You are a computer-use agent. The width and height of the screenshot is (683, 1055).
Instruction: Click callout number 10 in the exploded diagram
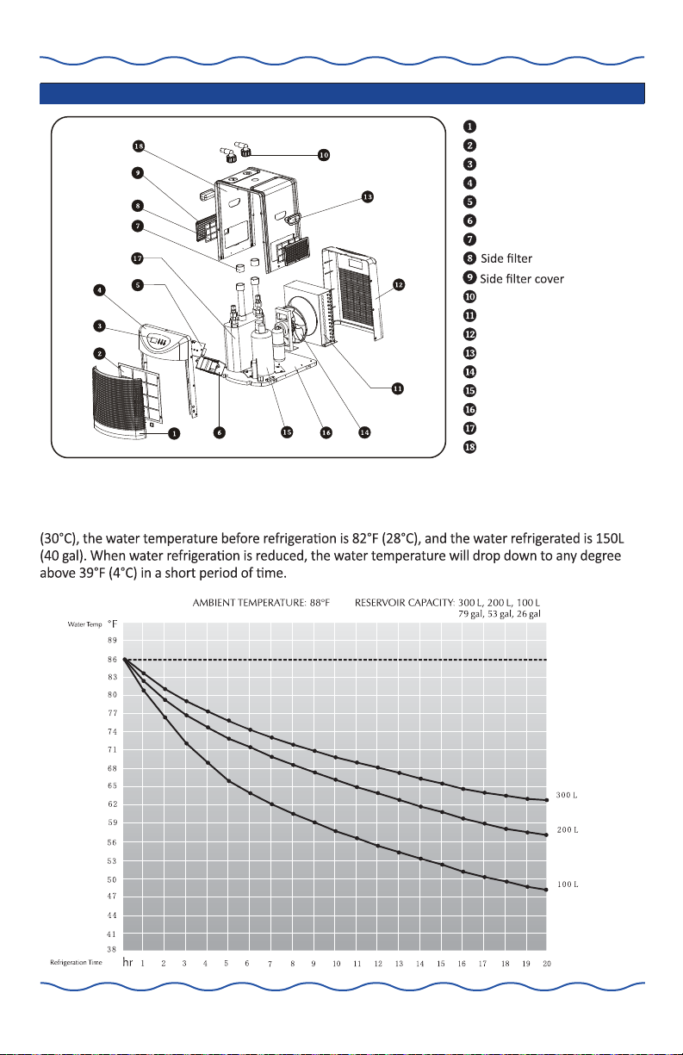coord(324,155)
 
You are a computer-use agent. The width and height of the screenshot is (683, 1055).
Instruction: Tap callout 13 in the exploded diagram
coord(368,197)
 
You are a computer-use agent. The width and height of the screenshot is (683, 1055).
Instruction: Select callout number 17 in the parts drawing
coord(137,258)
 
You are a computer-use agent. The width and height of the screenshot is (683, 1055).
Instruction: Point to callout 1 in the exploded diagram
coord(174,433)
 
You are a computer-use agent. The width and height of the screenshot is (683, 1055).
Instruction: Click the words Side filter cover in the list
coord(522,279)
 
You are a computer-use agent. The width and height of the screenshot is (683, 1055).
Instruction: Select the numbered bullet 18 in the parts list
coord(469,447)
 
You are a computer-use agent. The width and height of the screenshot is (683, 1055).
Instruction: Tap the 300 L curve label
coord(567,795)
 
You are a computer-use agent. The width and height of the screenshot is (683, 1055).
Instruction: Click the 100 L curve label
coord(568,884)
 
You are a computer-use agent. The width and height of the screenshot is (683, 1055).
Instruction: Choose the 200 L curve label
coord(568,830)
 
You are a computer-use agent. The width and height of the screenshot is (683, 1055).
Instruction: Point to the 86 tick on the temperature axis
coord(112,660)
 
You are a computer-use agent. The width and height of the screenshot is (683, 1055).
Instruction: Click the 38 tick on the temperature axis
coord(112,949)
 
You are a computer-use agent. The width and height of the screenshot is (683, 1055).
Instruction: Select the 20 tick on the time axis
coord(547,964)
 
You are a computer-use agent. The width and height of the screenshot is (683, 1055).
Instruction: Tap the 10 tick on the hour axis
coord(336,964)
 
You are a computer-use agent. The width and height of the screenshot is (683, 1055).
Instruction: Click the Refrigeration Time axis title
coord(76,962)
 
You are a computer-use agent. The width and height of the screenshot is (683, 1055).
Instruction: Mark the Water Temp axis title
coord(84,624)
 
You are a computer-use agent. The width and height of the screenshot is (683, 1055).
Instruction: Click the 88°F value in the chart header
coord(320,603)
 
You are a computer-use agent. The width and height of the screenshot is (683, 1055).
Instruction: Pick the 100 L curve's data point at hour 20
coord(546,891)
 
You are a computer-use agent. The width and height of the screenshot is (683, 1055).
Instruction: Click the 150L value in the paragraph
coord(610,538)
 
